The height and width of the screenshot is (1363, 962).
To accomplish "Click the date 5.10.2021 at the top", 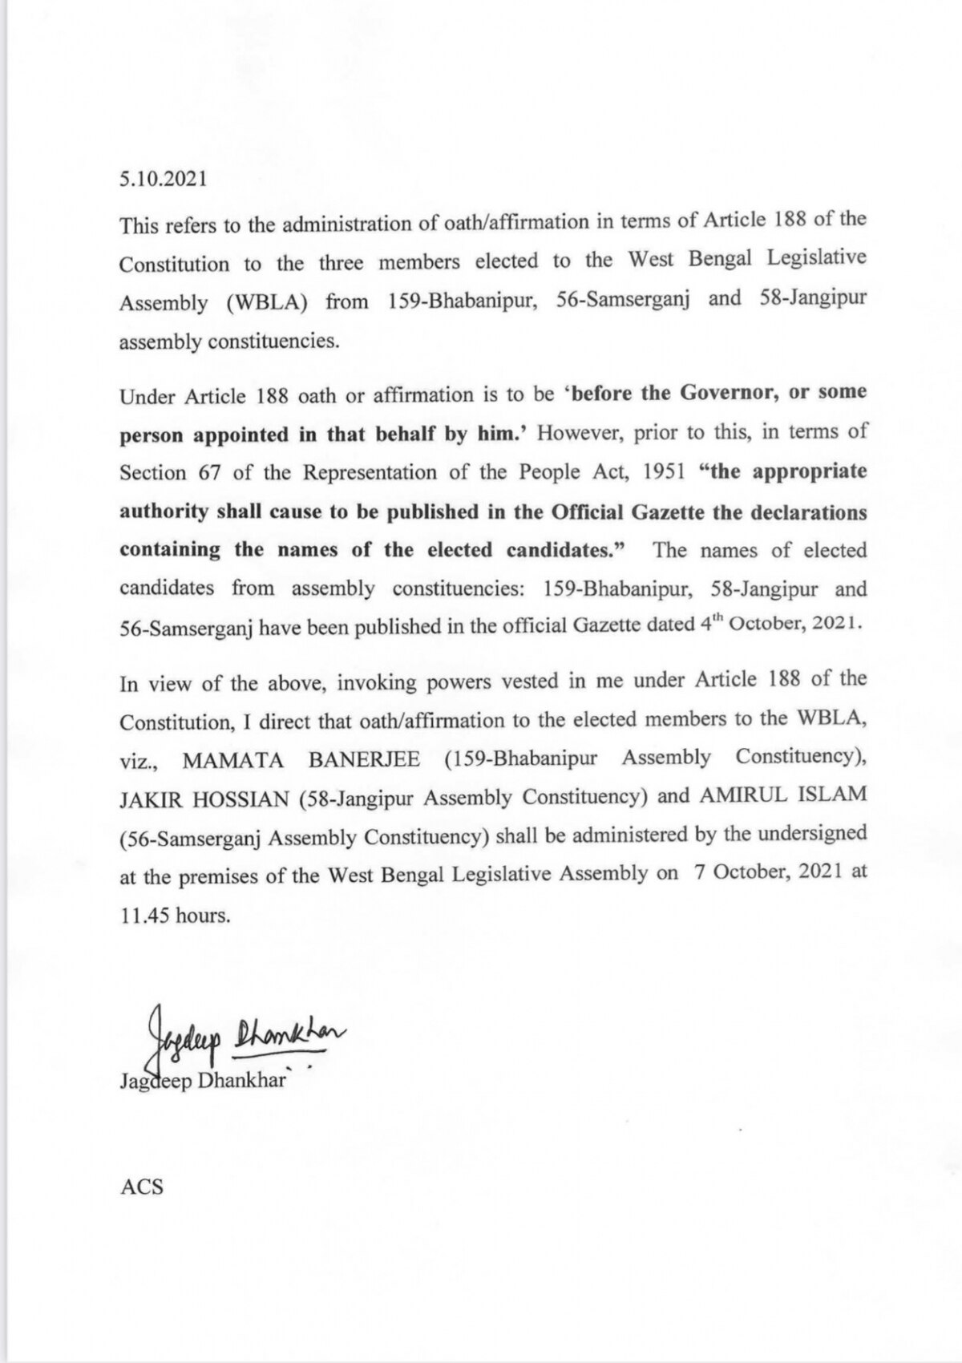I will (163, 180).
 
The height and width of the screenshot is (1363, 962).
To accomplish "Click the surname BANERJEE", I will (365, 759).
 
